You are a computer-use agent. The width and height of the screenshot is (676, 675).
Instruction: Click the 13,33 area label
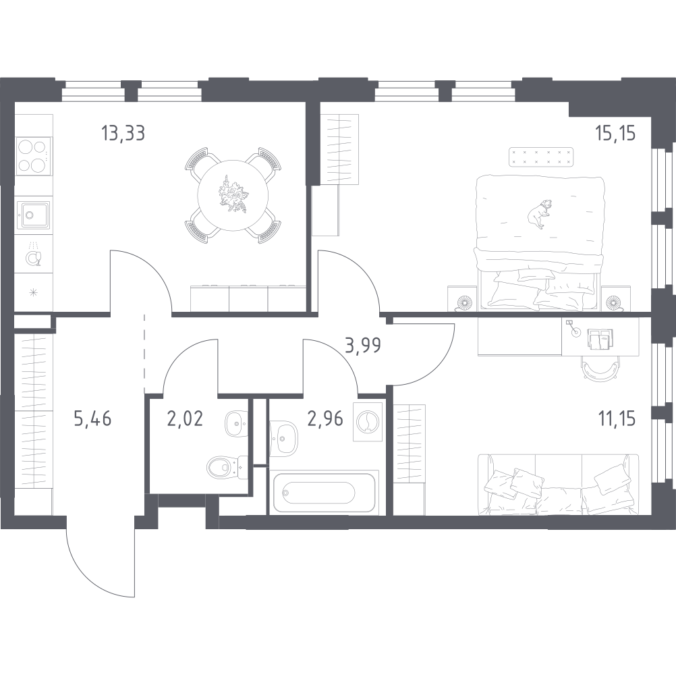[x=123, y=133]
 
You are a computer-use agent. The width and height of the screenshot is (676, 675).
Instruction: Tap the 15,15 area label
[x=615, y=133]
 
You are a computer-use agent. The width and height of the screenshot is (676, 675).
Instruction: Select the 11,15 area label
[x=616, y=418]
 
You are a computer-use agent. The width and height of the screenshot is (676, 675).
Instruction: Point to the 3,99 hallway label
[x=363, y=345]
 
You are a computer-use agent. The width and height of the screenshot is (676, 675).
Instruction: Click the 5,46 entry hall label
[x=92, y=418]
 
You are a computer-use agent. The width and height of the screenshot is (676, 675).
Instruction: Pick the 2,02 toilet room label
[x=185, y=418]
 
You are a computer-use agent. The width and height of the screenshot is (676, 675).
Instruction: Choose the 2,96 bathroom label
[x=325, y=418]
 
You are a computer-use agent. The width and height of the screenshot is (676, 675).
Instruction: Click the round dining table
[x=233, y=195]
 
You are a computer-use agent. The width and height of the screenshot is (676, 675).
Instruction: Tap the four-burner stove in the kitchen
[x=33, y=156]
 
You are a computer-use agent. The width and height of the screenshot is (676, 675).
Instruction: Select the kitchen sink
[x=33, y=215]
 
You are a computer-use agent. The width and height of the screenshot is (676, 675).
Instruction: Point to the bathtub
[x=325, y=492]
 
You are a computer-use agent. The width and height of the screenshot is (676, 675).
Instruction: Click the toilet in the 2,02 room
[x=225, y=466]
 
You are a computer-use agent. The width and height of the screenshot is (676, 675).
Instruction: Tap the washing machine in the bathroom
[x=368, y=422]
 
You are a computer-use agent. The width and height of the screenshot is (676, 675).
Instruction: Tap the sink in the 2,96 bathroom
[x=283, y=439]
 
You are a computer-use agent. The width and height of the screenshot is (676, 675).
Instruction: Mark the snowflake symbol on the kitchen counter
[x=33, y=293]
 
